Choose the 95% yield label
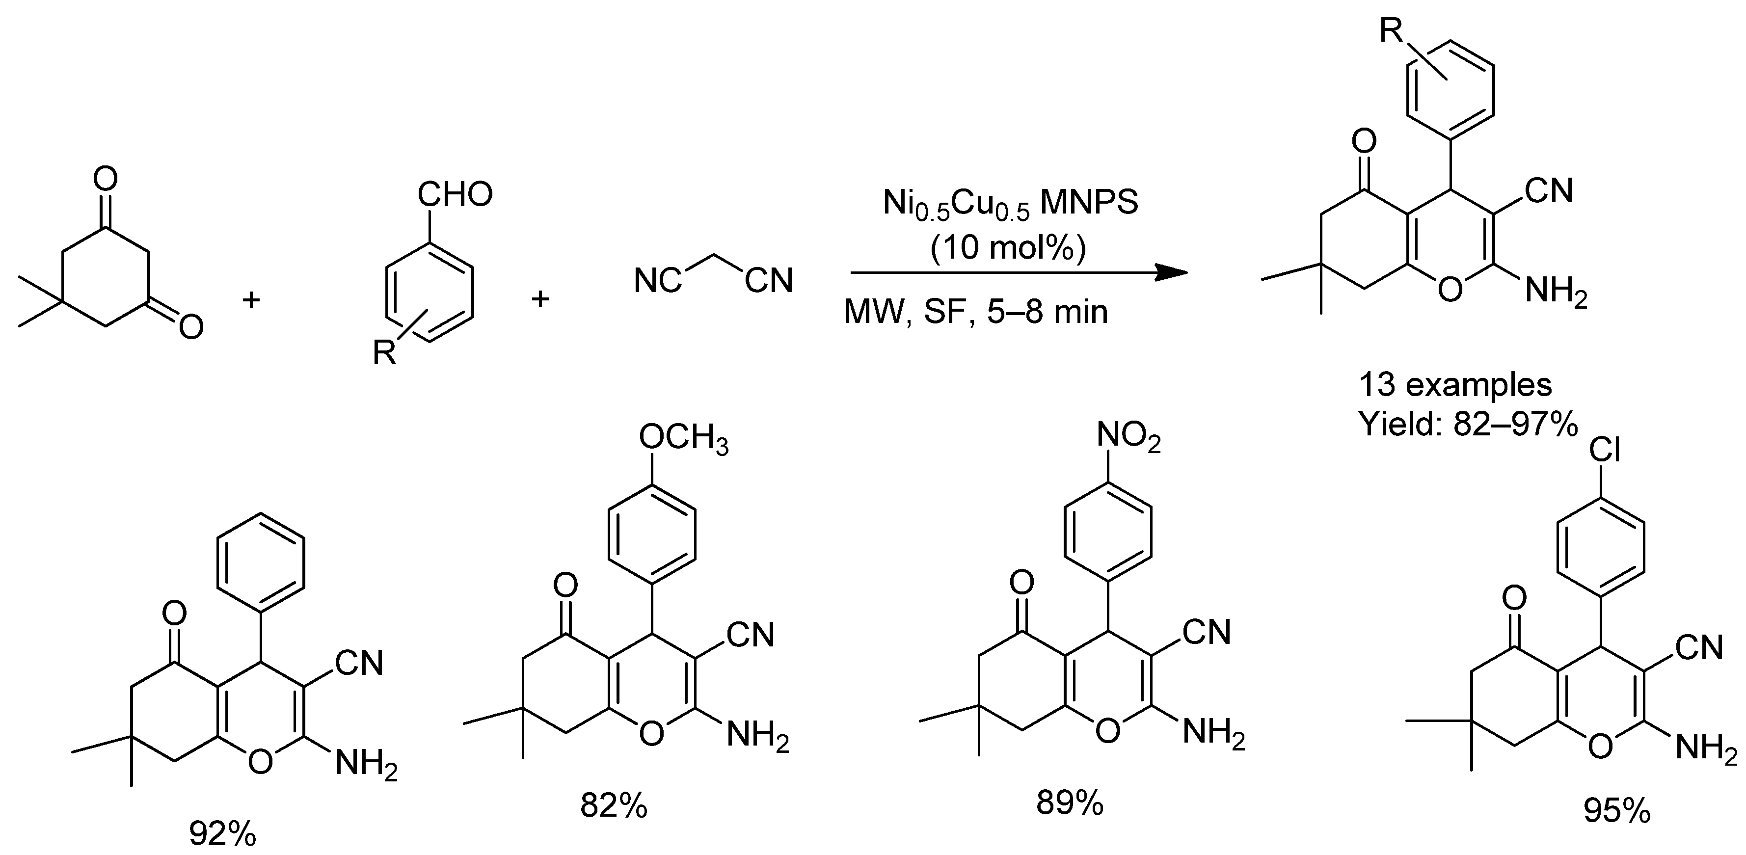tap(1616, 810)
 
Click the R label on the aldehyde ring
tap(384, 353)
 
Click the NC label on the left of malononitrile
tap(657, 280)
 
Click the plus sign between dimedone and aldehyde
tap(251, 299)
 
